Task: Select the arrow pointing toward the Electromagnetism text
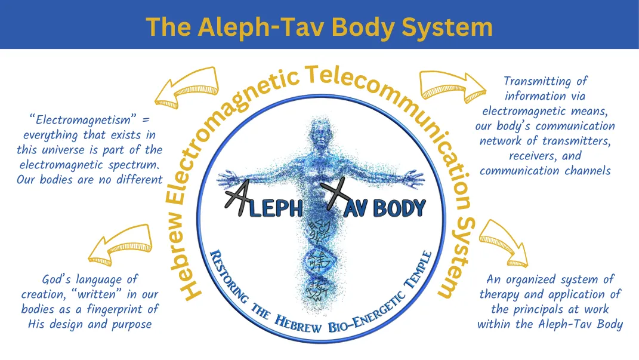coord(185,85)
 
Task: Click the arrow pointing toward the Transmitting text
coord(451,85)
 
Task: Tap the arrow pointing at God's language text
coord(119,245)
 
